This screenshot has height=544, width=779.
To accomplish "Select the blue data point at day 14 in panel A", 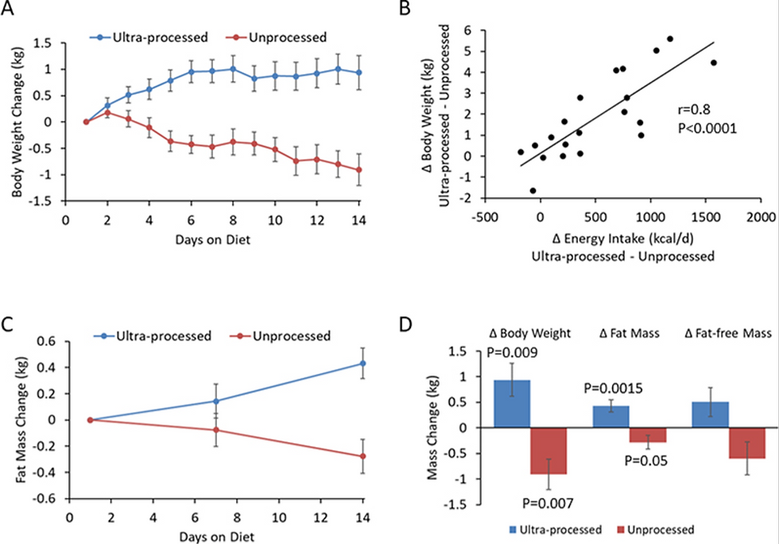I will [359, 72].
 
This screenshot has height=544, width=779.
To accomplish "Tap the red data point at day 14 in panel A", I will [359, 169].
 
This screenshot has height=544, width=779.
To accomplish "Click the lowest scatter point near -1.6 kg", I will [533, 191].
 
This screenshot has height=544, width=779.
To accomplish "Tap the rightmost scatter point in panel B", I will [713, 62].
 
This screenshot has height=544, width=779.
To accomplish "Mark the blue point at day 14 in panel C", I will [363, 363].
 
